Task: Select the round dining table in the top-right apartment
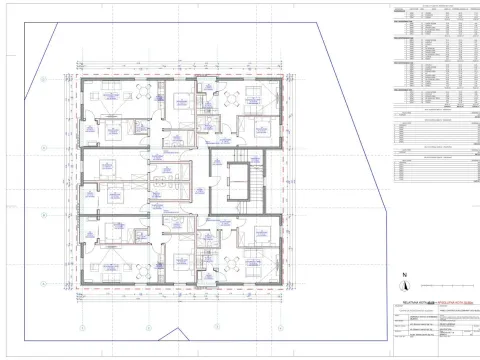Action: click(230, 98)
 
